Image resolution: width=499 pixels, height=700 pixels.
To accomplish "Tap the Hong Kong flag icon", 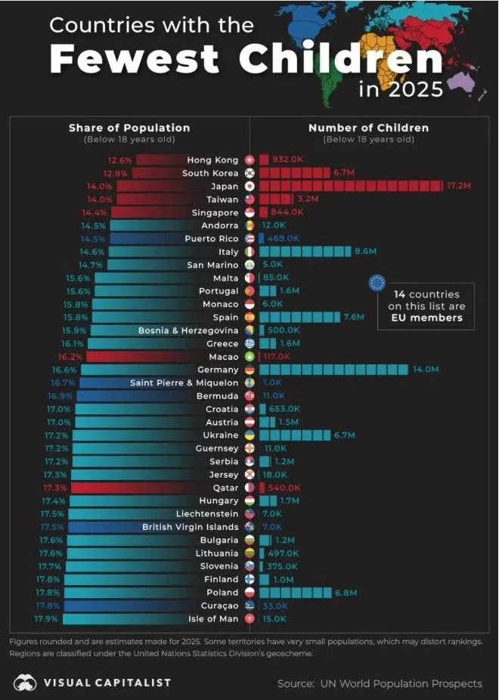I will tap(251, 160).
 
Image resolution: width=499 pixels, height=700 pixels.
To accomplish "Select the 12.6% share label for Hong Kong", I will tap(120, 160).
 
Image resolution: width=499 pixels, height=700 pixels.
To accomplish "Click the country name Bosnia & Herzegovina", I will tap(188, 330).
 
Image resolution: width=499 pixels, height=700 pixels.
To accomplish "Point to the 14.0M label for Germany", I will tap(426, 370).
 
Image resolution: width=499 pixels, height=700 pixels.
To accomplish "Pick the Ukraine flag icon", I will tap(251, 435).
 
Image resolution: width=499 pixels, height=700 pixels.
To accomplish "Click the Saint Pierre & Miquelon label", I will tap(184, 383).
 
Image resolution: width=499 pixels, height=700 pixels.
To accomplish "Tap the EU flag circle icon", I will tap(377, 283).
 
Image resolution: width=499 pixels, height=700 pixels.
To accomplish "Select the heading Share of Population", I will tap(129, 128).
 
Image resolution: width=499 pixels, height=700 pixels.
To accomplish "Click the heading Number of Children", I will tap(368, 128).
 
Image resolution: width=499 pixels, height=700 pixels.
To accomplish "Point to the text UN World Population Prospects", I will tap(400, 683).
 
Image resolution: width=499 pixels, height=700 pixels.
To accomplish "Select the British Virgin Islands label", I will tap(191, 527).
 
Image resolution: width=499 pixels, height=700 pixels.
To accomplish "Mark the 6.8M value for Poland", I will tap(346, 593).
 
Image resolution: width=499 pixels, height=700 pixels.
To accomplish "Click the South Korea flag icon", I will tap(251, 173).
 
